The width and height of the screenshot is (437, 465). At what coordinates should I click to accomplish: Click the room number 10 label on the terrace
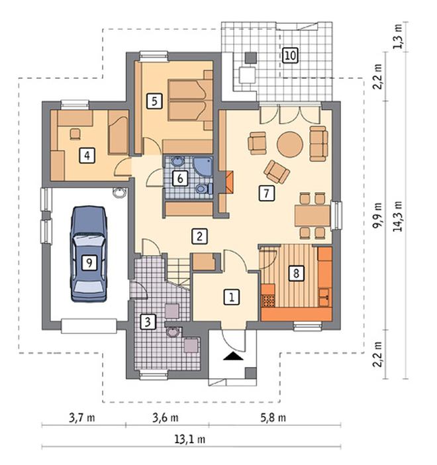click(290, 55)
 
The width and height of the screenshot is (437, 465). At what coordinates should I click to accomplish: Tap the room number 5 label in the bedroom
click(154, 101)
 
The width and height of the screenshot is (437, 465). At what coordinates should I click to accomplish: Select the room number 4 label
click(87, 156)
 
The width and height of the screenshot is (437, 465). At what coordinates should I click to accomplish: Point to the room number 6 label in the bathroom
click(180, 179)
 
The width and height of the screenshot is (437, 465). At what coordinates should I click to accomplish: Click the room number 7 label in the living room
click(267, 193)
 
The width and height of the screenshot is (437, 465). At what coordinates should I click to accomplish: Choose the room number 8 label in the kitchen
click(296, 273)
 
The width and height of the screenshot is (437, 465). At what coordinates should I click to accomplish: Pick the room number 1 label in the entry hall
click(232, 297)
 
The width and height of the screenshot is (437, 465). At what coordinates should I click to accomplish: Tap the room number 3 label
click(148, 322)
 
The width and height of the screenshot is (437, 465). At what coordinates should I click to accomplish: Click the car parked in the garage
click(88, 254)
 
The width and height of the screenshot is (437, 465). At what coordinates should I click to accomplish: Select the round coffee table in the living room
click(290, 144)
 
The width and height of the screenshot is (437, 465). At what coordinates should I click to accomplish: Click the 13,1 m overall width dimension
click(190, 439)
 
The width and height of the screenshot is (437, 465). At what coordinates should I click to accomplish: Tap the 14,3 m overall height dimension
click(398, 216)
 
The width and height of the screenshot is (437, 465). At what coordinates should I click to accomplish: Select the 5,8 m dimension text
click(273, 418)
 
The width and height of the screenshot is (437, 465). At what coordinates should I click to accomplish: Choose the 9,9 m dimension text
click(377, 215)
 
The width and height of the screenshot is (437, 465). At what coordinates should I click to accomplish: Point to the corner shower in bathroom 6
click(203, 167)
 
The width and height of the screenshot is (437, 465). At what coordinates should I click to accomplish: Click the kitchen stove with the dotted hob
click(268, 301)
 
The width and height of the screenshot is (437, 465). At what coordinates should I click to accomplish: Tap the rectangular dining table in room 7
click(313, 215)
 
